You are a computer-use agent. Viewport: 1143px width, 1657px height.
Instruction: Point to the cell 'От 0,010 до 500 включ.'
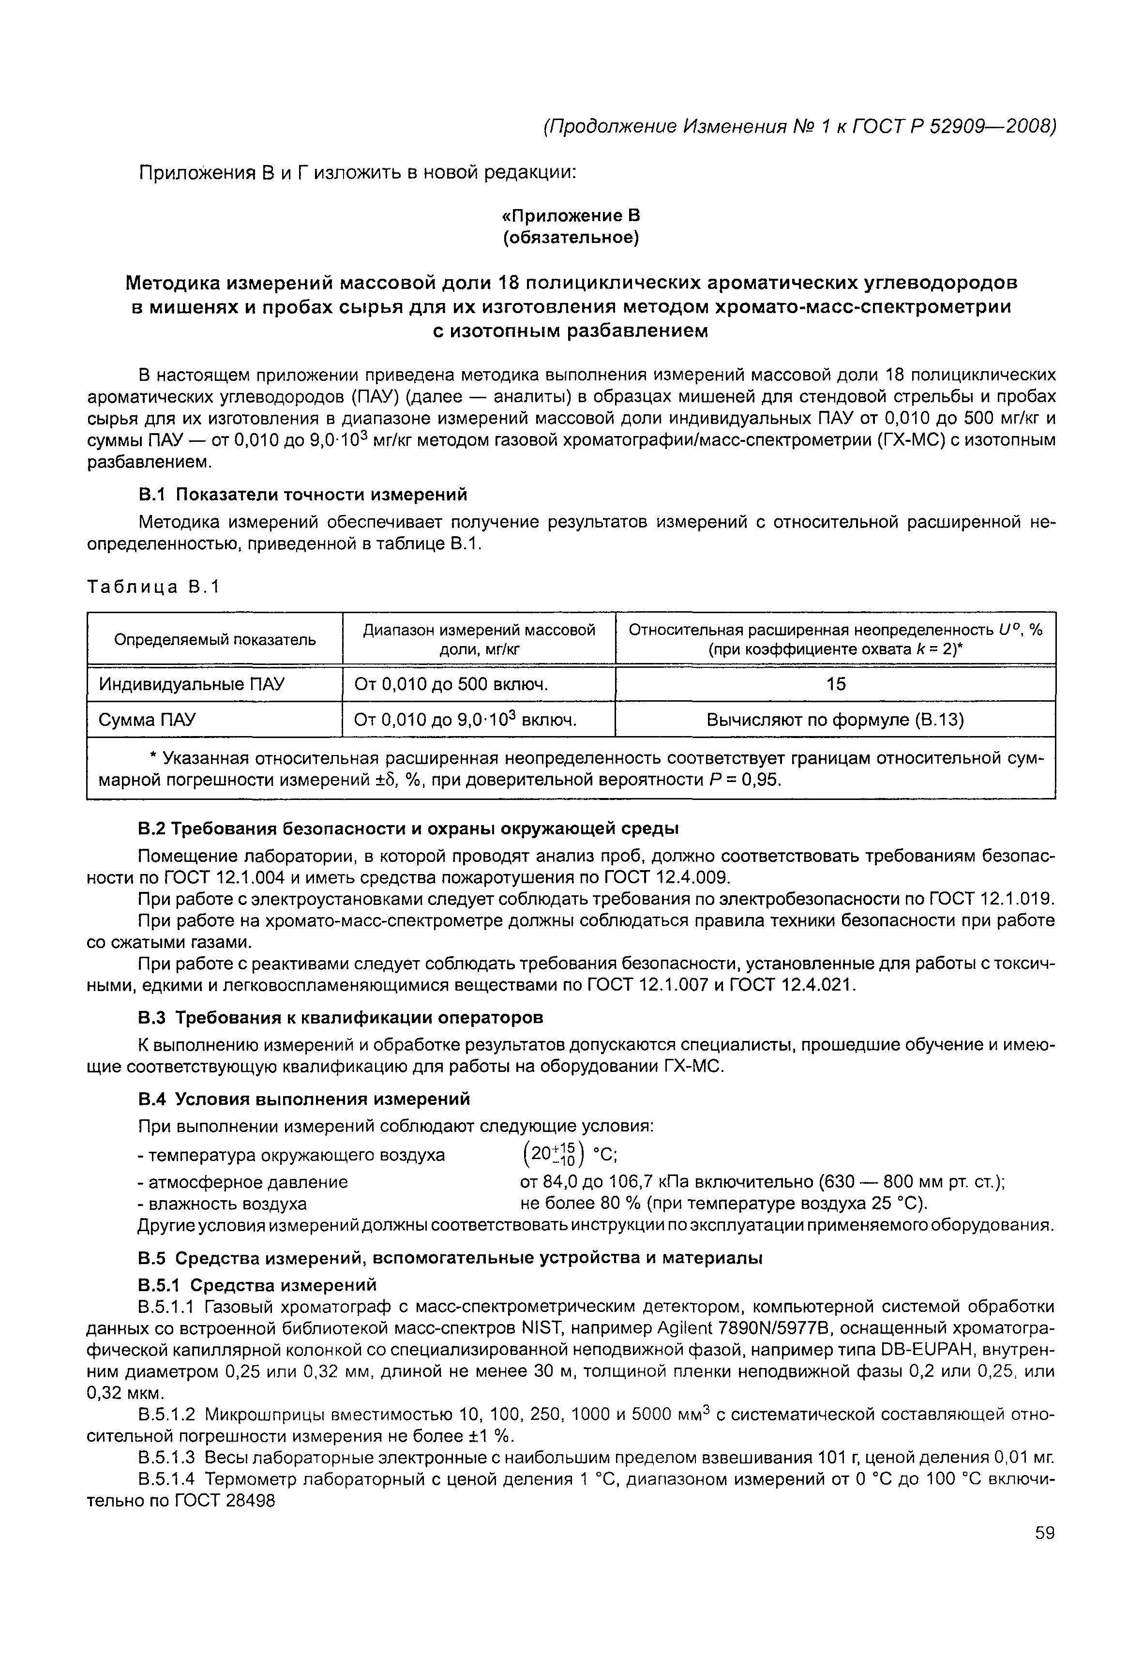pos(451,684)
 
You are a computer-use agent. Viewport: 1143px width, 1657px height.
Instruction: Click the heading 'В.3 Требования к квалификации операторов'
pos(340,1017)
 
